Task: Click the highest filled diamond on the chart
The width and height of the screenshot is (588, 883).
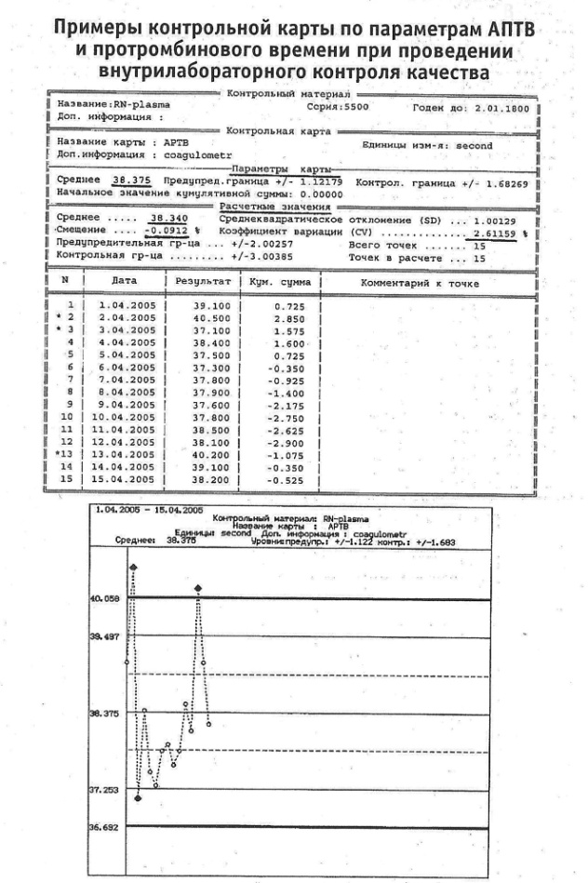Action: (133, 566)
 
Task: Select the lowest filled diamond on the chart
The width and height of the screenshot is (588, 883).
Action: (138, 797)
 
